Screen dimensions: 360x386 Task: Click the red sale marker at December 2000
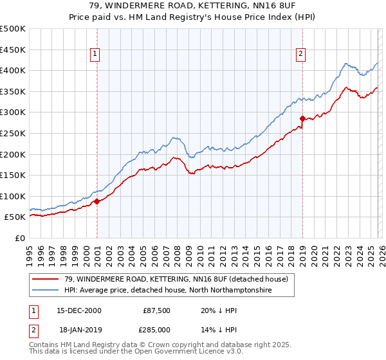point(96,201)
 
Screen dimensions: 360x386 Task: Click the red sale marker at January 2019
point(302,118)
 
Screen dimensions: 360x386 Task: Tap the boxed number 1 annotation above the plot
point(95,54)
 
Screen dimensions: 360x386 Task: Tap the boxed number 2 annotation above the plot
point(300,54)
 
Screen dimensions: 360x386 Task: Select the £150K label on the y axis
point(13,175)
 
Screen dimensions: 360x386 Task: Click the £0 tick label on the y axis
point(19,238)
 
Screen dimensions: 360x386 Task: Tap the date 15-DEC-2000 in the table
point(78,310)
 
